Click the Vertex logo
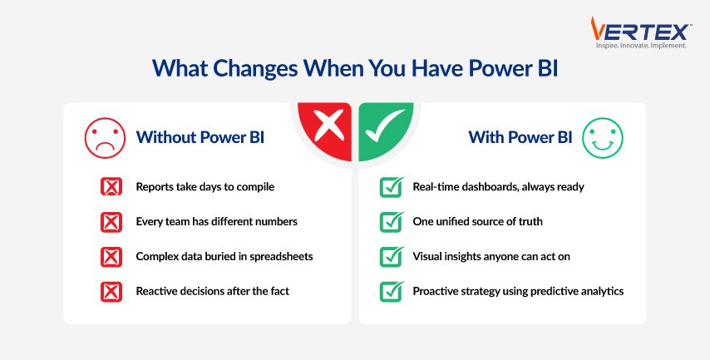click(x=641, y=32)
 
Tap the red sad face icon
click(x=105, y=138)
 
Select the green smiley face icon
click(x=603, y=138)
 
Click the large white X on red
click(x=329, y=126)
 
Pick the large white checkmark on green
click(x=385, y=126)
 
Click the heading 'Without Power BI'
click(x=200, y=137)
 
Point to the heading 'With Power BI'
click(x=520, y=137)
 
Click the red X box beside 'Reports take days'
click(x=111, y=186)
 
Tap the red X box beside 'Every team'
click(x=111, y=222)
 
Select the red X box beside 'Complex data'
click(x=111, y=257)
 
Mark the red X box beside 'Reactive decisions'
click(x=111, y=292)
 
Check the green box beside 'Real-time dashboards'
click(x=392, y=186)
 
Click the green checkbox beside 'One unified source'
click(x=392, y=222)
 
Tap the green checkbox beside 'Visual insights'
click(x=392, y=257)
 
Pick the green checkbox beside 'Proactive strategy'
click(x=392, y=292)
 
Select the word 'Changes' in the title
click(x=255, y=68)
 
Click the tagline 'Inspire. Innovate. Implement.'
click(x=641, y=46)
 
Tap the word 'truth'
click(x=530, y=221)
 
